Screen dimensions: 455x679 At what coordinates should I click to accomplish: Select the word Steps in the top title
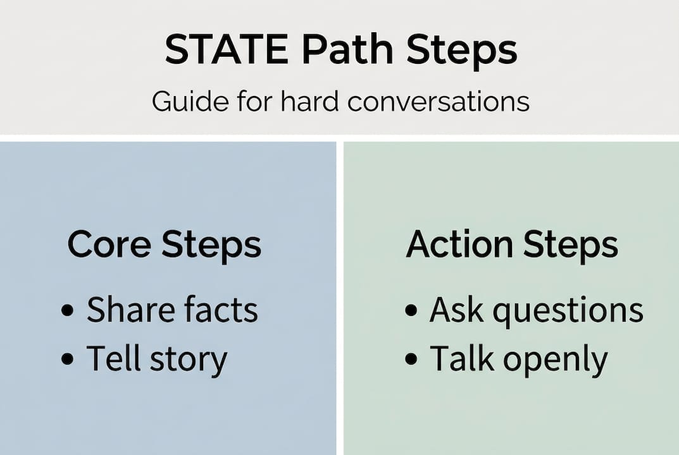point(461,50)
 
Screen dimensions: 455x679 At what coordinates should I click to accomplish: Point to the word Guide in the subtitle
point(187,101)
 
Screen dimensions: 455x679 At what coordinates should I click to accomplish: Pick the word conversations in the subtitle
point(438,101)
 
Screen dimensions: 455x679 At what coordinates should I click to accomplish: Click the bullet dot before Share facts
point(67,311)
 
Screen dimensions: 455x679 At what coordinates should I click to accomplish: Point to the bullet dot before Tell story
point(67,360)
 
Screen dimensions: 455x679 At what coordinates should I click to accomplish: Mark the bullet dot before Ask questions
point(411,311)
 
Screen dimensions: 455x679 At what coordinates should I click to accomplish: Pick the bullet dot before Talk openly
point(411,360)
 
